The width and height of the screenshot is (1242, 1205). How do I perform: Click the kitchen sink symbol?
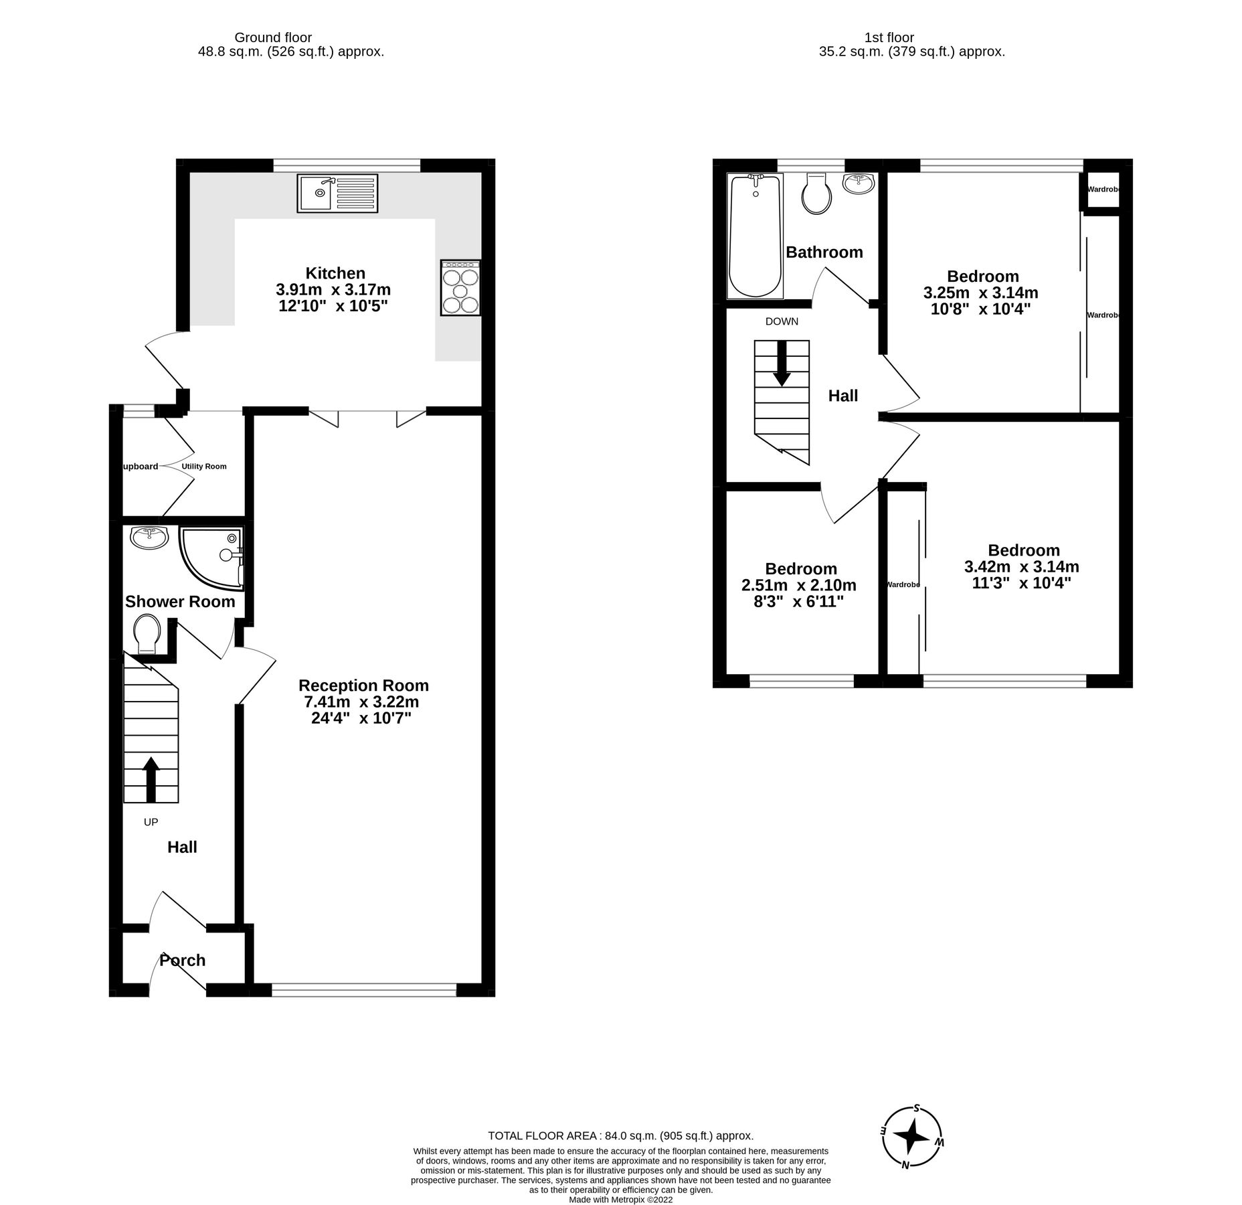337,193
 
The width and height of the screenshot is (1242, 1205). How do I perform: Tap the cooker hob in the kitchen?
460,287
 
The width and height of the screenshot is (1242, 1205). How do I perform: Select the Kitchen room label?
335,273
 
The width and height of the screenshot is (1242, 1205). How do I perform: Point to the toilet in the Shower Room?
147,633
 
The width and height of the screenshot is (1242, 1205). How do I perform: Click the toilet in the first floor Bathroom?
816,193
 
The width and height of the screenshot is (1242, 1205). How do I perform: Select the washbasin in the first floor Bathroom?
859,183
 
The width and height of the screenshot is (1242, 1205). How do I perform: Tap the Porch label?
182,961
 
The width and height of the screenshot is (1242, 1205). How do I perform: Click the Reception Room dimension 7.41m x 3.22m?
361,702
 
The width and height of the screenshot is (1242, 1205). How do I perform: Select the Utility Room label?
204,467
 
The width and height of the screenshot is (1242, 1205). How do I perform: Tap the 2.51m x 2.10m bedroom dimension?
799,585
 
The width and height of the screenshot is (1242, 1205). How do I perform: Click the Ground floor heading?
273,38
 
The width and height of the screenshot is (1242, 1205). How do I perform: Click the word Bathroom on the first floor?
824,252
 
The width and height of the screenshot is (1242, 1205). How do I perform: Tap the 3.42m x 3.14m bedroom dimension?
1021,567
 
